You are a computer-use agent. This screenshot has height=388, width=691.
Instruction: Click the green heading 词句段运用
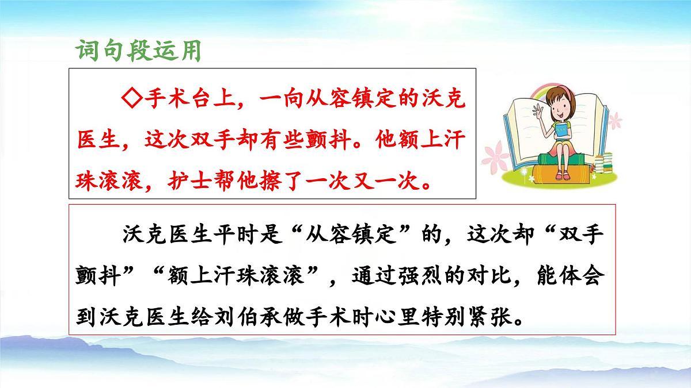coord(138,51)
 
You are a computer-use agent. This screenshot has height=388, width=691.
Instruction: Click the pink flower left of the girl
coord(493,153)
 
